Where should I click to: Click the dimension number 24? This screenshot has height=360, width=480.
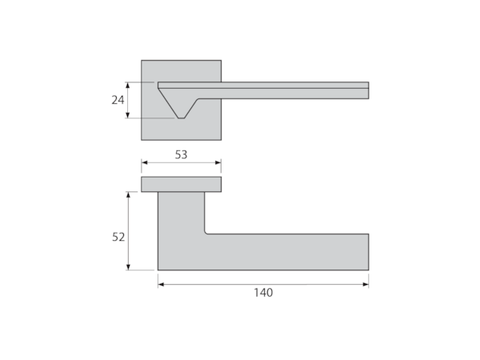click(x=118, y=100)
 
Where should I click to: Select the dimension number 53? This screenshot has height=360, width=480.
click(x=182, y=154)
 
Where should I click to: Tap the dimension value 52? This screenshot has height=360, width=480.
click(x=118, y=237)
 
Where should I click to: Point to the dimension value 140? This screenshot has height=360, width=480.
click(x=263, y=293)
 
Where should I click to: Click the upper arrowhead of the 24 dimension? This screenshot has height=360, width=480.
click(x=128, y=85)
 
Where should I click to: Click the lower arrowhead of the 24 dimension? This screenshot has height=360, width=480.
click(x=128, y=115)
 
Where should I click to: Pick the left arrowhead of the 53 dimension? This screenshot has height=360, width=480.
click(x=145, y=162)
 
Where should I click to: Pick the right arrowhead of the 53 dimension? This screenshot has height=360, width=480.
click(x=218, y=162)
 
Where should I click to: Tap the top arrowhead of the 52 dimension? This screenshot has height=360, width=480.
click(x=128, y=195)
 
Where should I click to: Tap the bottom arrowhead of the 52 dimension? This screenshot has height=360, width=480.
click(x=128, y=267)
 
